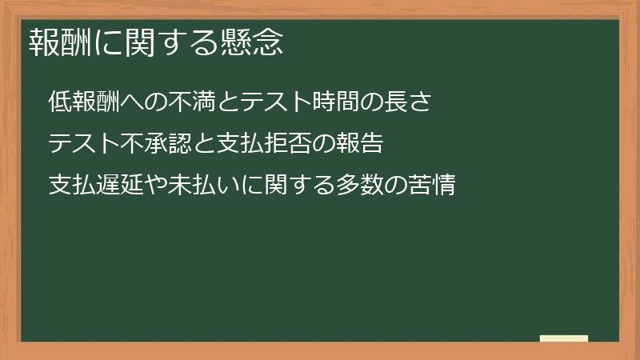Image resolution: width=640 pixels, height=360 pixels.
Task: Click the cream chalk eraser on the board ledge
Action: pos(564,338)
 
